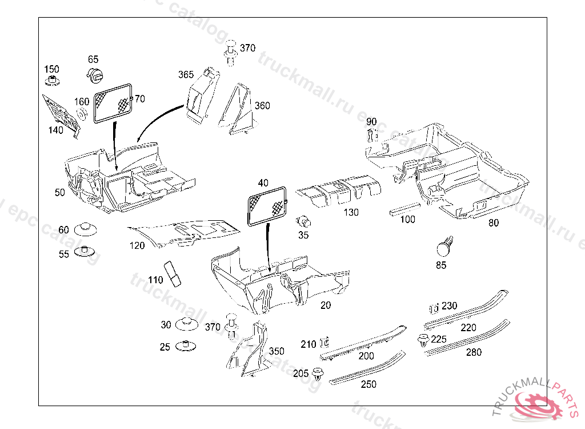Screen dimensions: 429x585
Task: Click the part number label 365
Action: tap(186, 75)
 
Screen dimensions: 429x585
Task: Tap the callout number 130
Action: tap(351, 212)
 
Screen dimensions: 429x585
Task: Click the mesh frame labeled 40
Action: tap(267, 205)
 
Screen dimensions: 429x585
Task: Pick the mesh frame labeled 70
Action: tap(113, 102)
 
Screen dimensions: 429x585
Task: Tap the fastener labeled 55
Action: tap(85, 252)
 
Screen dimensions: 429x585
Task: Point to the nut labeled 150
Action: tap(53, 81)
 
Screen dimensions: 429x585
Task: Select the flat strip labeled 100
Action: tap(404, 209)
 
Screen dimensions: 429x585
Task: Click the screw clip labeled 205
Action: tap(318, 375)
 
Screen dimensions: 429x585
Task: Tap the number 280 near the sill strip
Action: tap(474, 352)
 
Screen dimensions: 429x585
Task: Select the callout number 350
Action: tap(277, 351)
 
